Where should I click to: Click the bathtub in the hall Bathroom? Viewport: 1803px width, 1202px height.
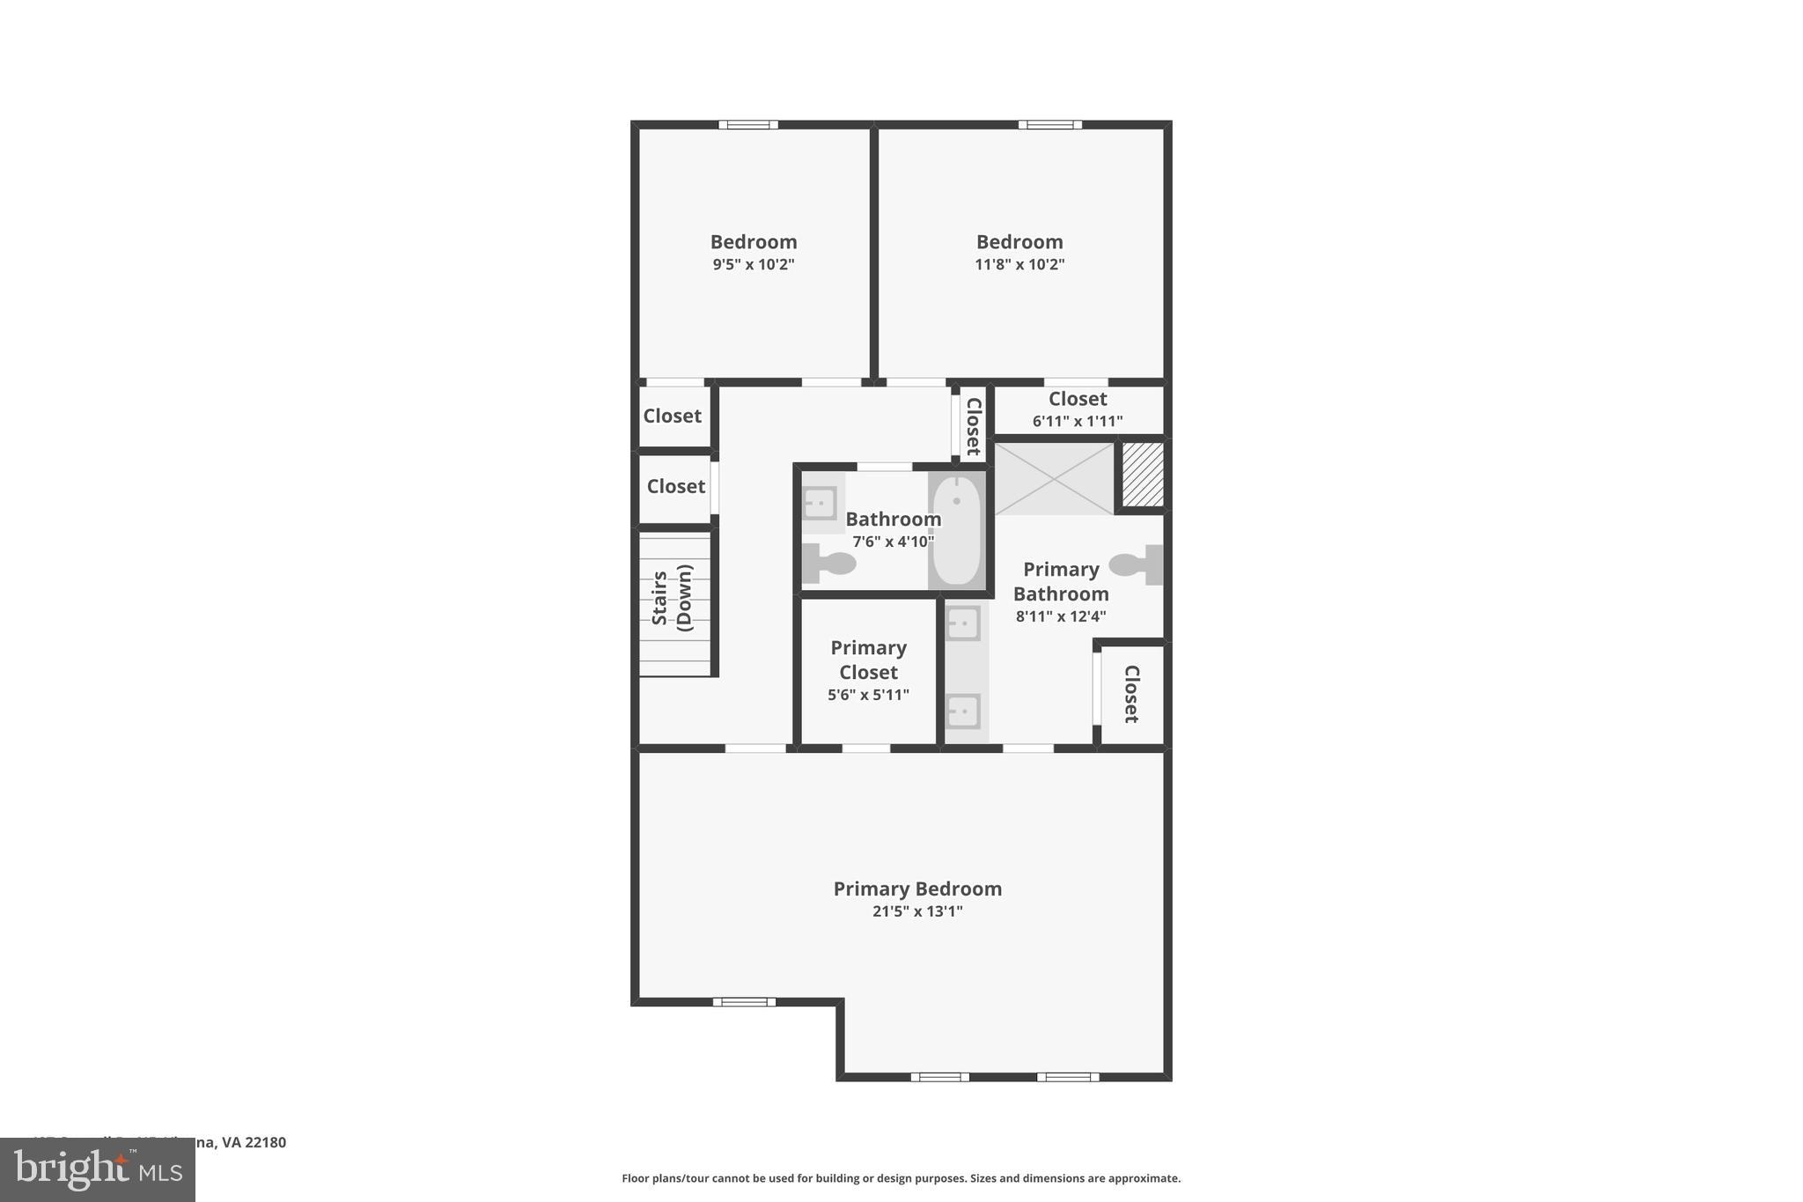pyautogui.click(x=956, y=530)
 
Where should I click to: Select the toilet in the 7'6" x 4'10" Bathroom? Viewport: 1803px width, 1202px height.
pyautogui.click(x=828, y=564)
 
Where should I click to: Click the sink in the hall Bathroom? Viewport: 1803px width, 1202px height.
pyautogui.click(x=819, y=504)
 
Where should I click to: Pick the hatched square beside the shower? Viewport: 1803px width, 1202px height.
pyautogui.click(x=1143, y=475)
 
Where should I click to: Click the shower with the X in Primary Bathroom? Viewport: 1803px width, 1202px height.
pyautogui.click(x=1054, y=478)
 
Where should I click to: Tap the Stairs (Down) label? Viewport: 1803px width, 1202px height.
pyautogui.click(x=673, y=598)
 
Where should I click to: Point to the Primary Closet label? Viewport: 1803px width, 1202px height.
pyautogui.click(x=868, y=660)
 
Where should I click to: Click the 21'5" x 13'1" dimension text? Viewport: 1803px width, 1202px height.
pyautogui.click(x=917, y=911)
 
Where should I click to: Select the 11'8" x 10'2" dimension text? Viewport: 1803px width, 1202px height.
pyautogui.click(x=1019, y=264)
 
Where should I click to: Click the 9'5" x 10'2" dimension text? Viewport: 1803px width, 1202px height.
pyautogui.click(x=754, y=264)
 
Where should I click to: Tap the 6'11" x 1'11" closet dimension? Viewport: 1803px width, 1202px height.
pyautogui.click(x=1078, y=421)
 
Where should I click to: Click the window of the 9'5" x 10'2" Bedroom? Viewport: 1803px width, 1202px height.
pyautogui.click(x=748, y=125)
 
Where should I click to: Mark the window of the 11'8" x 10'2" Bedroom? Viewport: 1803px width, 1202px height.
pyautogui.click(x=1050, y=125)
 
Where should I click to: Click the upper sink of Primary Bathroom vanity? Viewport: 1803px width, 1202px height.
pyautogui.click(x=963, y=623)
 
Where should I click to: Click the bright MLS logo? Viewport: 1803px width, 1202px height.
pyautogui.click(x=98, y=1170)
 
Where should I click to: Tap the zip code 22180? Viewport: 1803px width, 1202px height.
pyautogui.click(x=266, y=1142)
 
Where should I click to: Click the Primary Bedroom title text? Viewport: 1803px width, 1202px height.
pyautogui.click(x=917, y=889)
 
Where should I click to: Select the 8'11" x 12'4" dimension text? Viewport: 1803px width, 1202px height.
pyautogui.click(x=1061, y=616)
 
